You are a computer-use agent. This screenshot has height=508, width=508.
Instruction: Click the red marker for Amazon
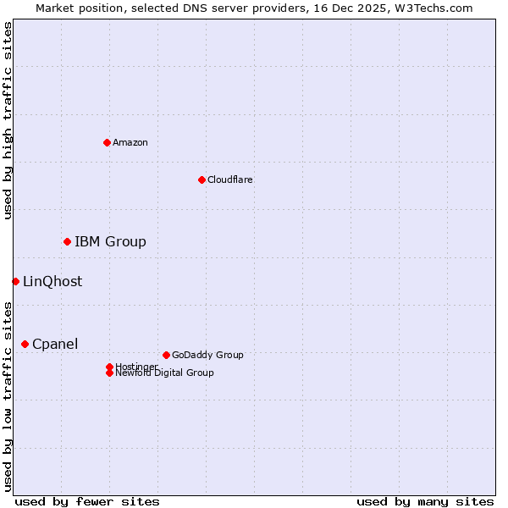pos(107,142)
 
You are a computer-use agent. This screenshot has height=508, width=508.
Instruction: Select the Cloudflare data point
pos(202,179)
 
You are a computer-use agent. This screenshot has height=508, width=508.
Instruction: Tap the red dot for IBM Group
pos(67,242)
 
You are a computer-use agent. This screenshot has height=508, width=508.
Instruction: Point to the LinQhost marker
pos(15,281)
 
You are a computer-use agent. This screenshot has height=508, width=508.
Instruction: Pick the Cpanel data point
pos(25,344)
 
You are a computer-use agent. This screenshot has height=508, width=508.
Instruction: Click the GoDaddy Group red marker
pos(166,355)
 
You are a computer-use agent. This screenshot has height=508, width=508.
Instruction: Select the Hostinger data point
pos(109,367)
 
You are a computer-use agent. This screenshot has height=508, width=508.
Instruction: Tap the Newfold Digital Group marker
pos(109,373)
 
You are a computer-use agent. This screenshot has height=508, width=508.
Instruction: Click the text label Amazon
pos(130,142)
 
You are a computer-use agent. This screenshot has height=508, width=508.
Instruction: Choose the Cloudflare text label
pos(230,179)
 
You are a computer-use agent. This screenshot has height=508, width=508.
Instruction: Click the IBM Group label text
pos(110,242)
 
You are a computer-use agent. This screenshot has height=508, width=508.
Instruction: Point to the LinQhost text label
pos(52,282)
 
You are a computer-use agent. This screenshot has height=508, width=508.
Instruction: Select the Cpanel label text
pos(55,344)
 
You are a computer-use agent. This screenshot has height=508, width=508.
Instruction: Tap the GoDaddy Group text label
pos(207,355)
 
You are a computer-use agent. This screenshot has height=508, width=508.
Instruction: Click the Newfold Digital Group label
pos(165,373)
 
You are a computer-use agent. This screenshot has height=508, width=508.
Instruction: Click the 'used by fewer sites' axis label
pos(87,501)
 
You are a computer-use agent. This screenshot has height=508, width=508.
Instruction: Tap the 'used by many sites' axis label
pos(425,501)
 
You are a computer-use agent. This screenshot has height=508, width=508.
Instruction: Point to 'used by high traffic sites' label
pos(8,120)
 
